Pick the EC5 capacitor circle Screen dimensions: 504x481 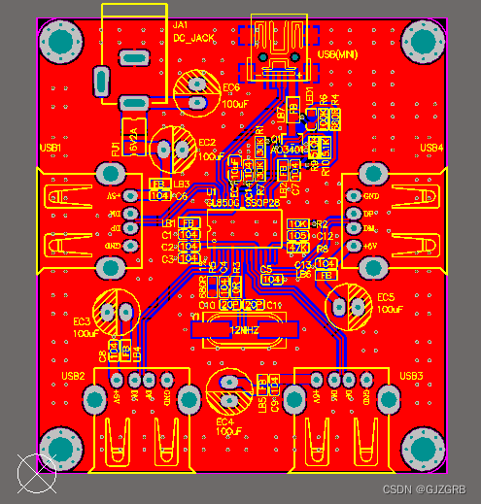[348, 305]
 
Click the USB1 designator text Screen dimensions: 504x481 [50, 148]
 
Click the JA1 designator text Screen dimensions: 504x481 [181, 24]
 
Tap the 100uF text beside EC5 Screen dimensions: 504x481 [390, 309]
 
